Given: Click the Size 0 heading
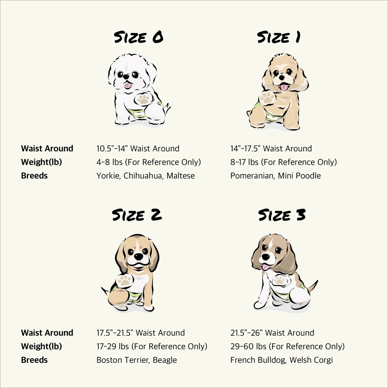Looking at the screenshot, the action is tap(138, 38).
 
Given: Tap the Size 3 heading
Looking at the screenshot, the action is tap(282, 215).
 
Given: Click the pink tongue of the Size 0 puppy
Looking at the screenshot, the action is tap(128, 86).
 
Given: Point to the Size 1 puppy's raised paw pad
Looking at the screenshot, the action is tap(267, 98).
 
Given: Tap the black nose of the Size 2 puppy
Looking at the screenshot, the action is tap(138, 256).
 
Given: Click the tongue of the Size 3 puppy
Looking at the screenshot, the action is tap(266, 267).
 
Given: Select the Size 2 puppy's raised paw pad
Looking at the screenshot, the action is tap(124, 280).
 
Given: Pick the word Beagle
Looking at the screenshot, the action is tap(165, 360).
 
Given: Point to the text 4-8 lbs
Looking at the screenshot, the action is tap(110, 162).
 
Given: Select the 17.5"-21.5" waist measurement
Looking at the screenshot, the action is tap(115, 333).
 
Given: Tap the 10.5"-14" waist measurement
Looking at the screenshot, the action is tap(112, 148).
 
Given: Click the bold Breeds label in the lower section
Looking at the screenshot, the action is tap(34, 360).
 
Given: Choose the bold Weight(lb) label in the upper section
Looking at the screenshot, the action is tap(41, 162).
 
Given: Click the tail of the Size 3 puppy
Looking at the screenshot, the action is tap(313, 286).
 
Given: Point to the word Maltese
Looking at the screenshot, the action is tap(181, 176).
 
